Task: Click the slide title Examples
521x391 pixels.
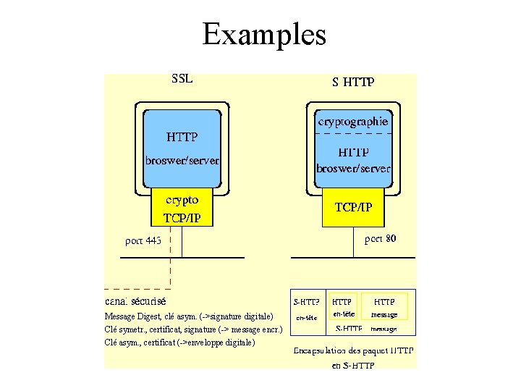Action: (264, 34)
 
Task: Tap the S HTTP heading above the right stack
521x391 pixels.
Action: (353, 82)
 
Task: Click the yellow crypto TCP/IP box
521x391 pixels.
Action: (182, 208)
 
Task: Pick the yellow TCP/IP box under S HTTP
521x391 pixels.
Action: (353, 207)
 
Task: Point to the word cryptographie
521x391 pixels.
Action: (353, 122)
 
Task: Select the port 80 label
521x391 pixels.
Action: (380, 237)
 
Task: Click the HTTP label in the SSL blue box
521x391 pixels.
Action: (182, 136)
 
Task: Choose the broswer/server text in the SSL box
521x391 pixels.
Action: (182, 159)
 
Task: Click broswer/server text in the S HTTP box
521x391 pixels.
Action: (353, 168)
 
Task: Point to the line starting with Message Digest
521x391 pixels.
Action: (189, 316)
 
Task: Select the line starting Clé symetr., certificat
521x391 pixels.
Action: (193, 329)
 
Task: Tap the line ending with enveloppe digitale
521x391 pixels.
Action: (179, 342)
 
